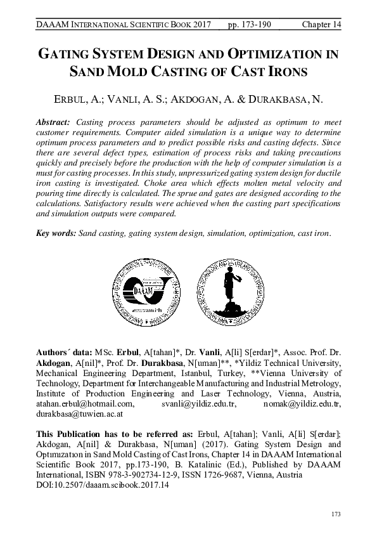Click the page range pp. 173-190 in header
click(x=253, y=24)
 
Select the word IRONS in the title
click(x=288, y=72)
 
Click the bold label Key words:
click(x=56, y=234)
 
